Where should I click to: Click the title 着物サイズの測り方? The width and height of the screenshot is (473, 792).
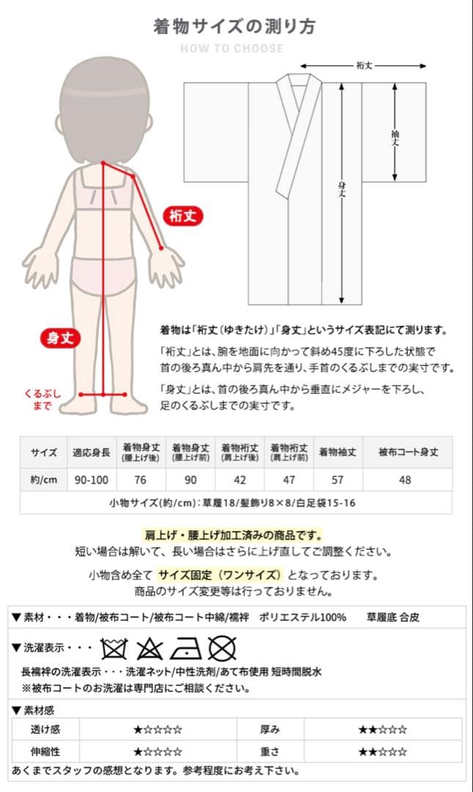point(235,26)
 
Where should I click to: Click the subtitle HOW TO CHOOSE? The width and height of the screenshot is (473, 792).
point(232,48)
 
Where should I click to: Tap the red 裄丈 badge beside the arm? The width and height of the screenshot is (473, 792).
point(183,216)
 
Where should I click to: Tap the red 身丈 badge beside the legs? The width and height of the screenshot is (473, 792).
point(61,338)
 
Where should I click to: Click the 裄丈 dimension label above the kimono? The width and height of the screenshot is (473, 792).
point(364,65)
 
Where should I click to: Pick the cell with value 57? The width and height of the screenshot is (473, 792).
point(338,480)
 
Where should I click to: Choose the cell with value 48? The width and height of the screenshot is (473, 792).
point(408,480)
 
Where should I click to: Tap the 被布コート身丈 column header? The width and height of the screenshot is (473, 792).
point(408,452)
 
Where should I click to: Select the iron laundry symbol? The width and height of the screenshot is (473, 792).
point(186,648)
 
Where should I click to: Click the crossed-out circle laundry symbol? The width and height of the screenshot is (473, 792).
point(221,648)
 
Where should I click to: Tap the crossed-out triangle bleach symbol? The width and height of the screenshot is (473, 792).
point(150,648)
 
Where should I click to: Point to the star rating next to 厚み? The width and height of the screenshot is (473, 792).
point(382,730)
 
